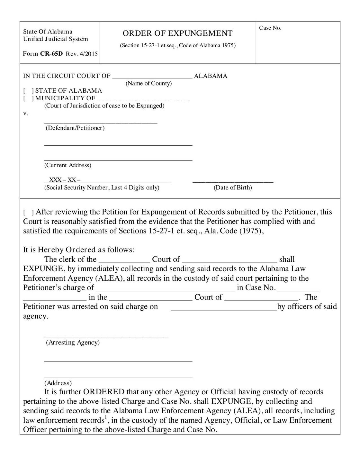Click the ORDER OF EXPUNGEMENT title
177,33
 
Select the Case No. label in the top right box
270,28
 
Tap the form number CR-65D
51,54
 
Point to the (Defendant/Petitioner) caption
76,128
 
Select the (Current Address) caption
68,165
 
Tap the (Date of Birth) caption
233,187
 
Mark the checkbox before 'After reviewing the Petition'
28,213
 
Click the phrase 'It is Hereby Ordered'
59,250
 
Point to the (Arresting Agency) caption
73,343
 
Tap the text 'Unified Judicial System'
55,39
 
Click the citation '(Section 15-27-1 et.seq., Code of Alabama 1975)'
177,45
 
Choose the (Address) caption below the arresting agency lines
58,383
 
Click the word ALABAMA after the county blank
211,76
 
